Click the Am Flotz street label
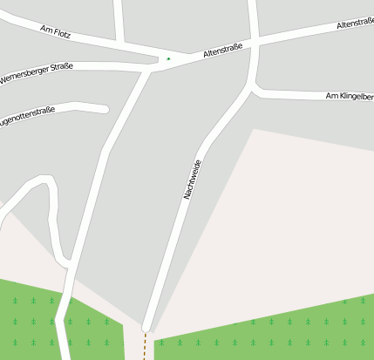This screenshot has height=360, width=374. [55, 32]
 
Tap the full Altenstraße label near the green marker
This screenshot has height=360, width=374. [222, 53]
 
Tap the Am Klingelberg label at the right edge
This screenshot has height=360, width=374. [350, 95]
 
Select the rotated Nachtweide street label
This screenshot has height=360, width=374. [193, 180]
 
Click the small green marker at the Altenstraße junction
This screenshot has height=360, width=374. [168, 59]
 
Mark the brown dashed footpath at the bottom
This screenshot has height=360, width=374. [145, 346]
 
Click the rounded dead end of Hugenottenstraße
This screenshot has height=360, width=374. [105, 109]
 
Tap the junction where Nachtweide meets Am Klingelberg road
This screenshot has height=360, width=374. [254, 87]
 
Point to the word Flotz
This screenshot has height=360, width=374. [61, 34]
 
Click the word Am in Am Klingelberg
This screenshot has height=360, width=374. [331, 95]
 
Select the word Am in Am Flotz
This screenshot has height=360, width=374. [44, 29]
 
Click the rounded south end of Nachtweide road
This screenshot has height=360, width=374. [146, 328]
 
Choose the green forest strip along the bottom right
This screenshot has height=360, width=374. [279, 331]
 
